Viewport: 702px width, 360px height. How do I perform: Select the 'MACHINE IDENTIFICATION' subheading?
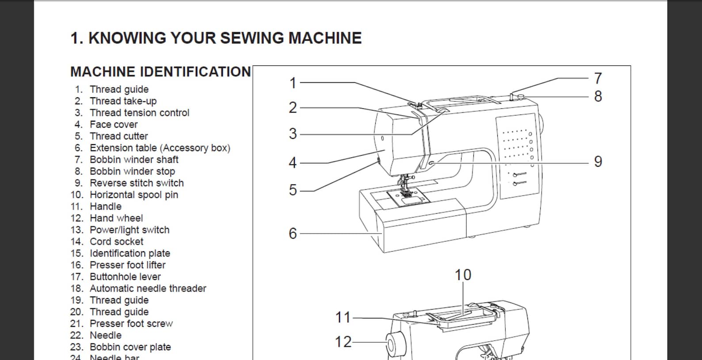(x=160, y=72)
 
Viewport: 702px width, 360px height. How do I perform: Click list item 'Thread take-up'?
(x=123, y=101)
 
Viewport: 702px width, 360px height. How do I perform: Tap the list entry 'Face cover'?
(x=114, y=124)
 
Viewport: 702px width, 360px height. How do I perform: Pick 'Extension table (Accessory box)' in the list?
(x=160, y=148)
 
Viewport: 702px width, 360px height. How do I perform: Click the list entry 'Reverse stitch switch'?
(x=137, y=183)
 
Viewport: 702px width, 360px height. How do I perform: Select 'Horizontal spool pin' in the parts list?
(x=134, y=195)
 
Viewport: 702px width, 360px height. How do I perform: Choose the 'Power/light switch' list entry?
(x=130, y=230)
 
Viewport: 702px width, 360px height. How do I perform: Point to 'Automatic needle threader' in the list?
(x=148, y=288)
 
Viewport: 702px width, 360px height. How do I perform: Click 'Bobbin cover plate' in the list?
(x=130, y=347)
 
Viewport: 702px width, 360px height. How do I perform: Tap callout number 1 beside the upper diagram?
(x=293, y=83)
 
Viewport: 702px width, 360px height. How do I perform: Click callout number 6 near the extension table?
(x=293, y=233)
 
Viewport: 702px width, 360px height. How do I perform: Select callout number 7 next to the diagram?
(x=598, y=78)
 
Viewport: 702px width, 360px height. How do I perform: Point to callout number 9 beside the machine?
(x=598, y=161)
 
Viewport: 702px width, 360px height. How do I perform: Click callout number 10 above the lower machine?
(x=463, y=275)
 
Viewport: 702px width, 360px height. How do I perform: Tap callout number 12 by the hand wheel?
(x=343, y=341)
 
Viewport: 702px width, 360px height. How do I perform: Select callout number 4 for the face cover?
(x=293, y=163)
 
